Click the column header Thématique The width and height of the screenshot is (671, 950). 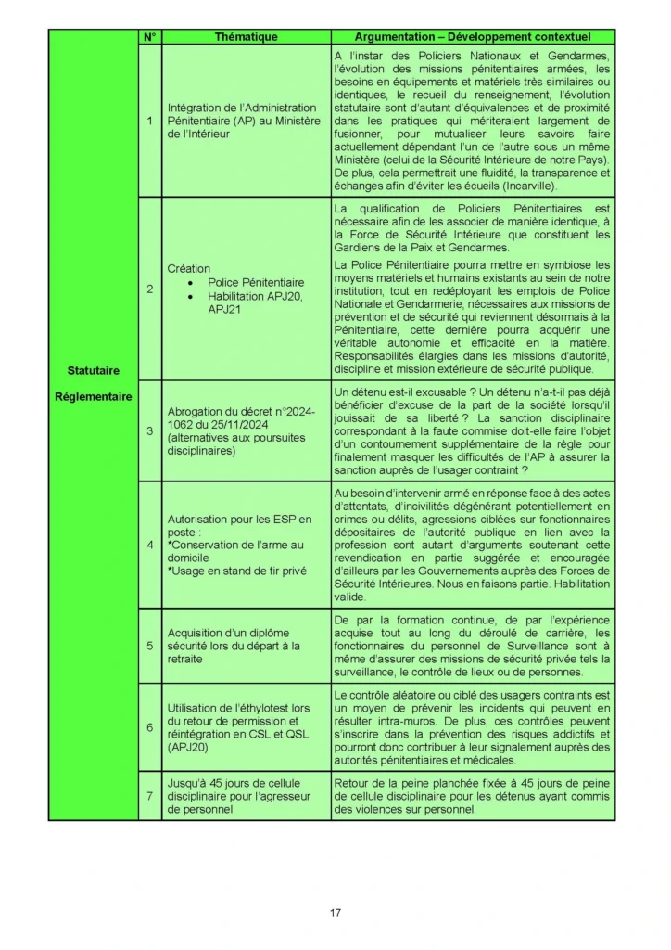click(246, 37)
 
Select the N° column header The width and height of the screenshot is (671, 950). click(150, 37)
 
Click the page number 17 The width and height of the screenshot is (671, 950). click(335, 913)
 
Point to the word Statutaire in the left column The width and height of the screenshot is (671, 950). click(93, 371)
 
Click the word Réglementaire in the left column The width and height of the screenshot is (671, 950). click(93, 396)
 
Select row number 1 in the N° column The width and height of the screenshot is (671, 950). click(150, 121)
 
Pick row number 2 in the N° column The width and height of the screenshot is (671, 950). click(150, 289)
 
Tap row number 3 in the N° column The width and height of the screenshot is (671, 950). click(150, 430)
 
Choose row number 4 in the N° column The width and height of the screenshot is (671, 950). click(150, 545)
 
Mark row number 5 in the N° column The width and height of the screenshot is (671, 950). click(150, 646)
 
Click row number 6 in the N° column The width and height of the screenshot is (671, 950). click(150, 727)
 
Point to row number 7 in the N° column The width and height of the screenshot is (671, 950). click(150, 796)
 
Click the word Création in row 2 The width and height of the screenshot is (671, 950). click(188, 268)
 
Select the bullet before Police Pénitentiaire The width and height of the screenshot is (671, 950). click(190, 282)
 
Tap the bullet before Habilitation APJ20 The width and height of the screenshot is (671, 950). click(190, 296)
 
